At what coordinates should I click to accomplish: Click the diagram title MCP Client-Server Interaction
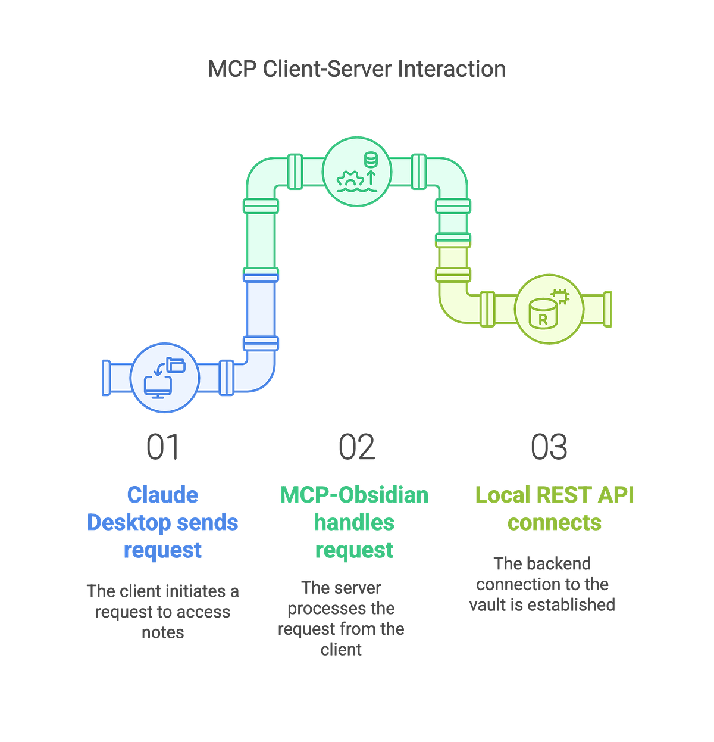357,69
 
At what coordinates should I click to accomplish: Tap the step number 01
162,447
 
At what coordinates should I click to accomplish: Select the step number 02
356,447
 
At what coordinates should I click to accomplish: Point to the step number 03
549,447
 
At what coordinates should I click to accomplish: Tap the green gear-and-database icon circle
357,171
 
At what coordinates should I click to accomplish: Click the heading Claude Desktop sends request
163,522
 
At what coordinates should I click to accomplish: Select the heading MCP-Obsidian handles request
355,522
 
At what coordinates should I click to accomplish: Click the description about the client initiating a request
163,611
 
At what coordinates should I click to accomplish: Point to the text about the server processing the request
342,618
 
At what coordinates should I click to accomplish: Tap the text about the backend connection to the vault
542,584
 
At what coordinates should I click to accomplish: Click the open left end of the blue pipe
106,377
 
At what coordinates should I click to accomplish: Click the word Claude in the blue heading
163,495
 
